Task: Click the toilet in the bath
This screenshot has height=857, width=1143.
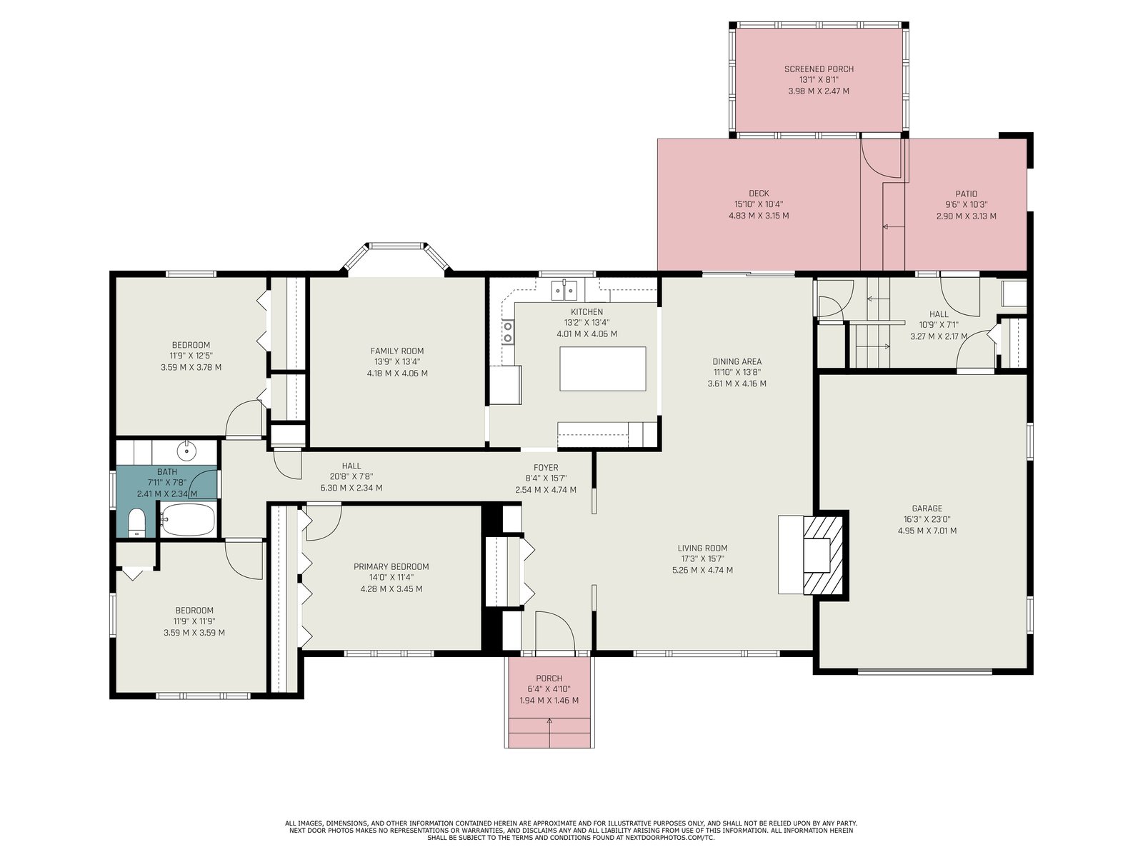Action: pos(136,522)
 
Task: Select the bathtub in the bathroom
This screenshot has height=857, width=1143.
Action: pos(187,518)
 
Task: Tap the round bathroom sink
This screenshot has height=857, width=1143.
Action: pos(186,451)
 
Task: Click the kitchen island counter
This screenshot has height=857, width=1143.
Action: pos(602,369)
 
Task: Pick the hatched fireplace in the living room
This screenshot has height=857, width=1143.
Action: pos(823,555)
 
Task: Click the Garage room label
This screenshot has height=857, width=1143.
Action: pos(927,508)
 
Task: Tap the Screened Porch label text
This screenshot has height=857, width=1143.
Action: pos(819,69)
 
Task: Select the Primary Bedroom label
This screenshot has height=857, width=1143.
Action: pos(391,566)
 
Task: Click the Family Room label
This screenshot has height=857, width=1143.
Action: pos(397,351)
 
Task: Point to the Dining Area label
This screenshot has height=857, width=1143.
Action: pos(737,361)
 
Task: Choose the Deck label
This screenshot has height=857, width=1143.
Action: pos(759,193)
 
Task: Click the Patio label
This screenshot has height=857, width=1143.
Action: pos(967,194)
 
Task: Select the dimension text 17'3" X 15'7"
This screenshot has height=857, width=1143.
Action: pos(702,558)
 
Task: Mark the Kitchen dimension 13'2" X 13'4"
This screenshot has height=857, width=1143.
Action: pos(587,323)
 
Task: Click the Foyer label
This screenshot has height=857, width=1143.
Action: pos(546,467)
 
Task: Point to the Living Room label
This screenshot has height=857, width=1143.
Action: pos(702,547)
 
